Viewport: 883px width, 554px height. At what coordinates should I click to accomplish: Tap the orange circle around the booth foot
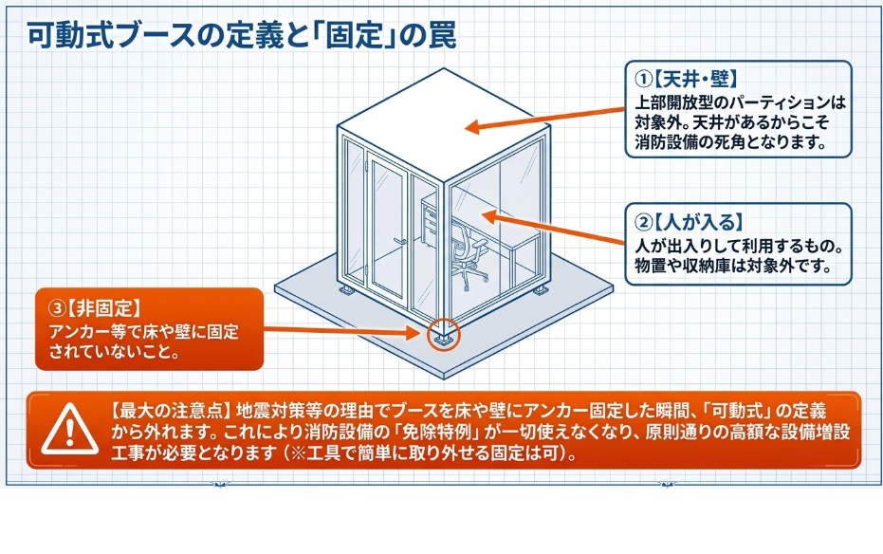click(444, 336)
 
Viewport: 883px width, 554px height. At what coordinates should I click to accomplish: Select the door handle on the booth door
click(400, 242)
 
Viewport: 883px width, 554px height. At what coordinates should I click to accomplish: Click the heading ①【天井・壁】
click(686, 79)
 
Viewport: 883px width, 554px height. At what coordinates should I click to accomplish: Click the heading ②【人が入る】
click(690, 222)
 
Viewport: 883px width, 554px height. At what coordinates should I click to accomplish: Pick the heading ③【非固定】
click(95, 308)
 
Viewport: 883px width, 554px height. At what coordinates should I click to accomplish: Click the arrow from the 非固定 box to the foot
click(342, 330)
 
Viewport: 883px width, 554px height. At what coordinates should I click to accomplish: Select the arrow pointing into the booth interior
click(553, 228)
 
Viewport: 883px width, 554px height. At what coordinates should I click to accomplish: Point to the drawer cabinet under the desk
click(430, 224)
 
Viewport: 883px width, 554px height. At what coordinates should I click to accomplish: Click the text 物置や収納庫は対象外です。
click(733, 266)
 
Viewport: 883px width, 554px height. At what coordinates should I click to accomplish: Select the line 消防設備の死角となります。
click(731, 141)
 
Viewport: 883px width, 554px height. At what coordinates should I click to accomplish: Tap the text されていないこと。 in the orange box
click(115, 352)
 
